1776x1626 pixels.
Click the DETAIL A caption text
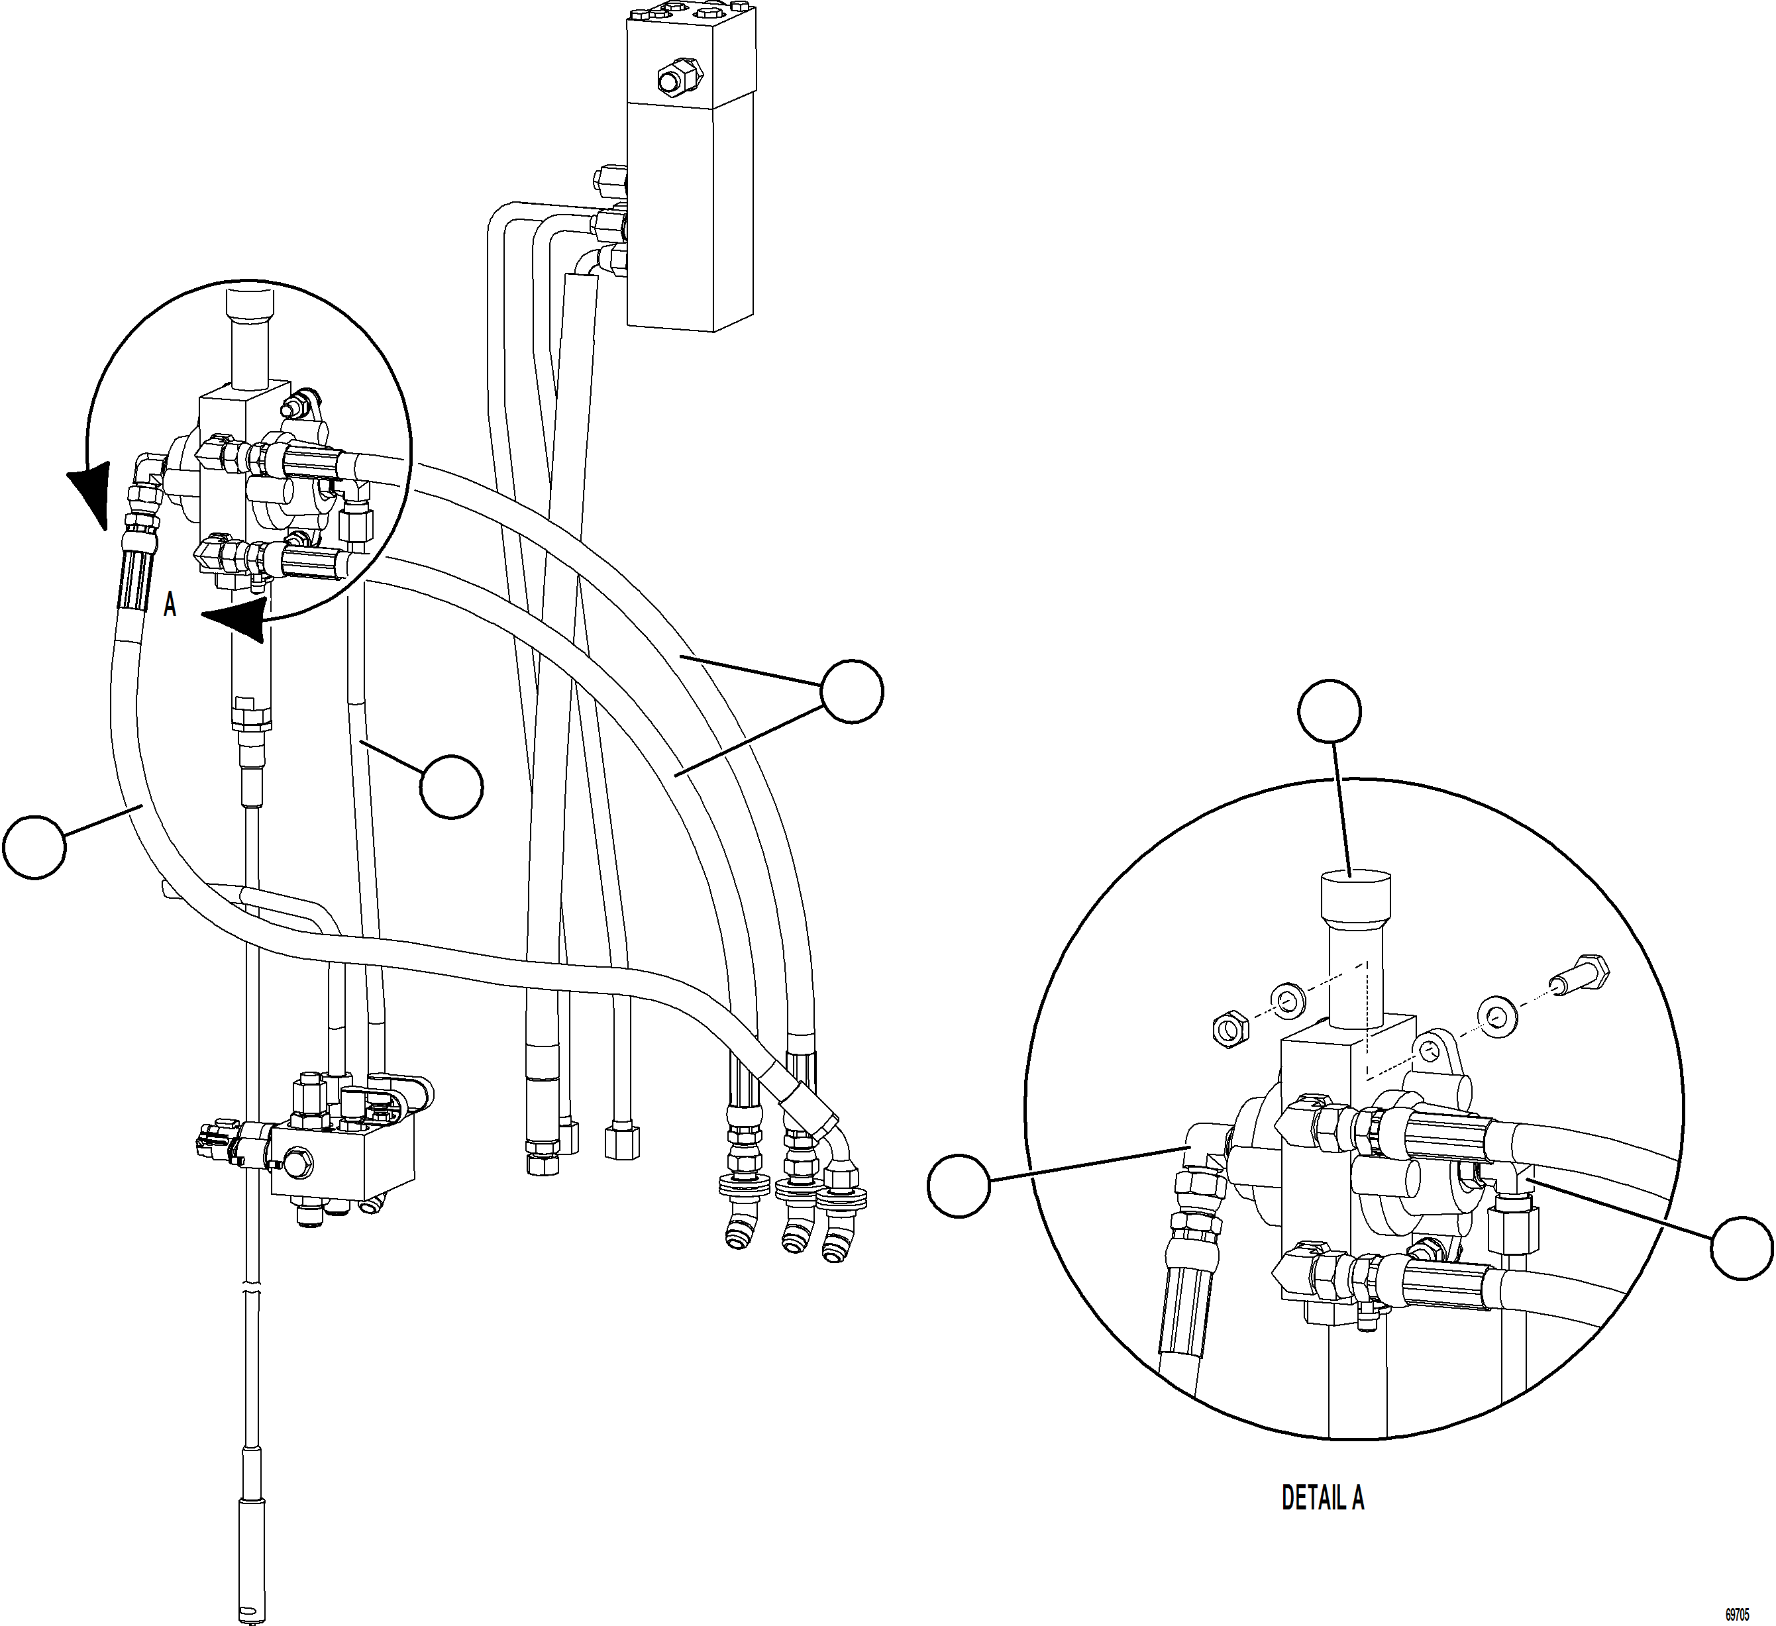click(1322, 1498)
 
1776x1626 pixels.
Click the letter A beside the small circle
click(170, 606)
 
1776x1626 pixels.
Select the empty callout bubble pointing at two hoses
click(851, 691)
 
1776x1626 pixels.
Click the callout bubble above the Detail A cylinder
click(1330, 711)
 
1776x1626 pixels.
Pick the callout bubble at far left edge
click(34, 846)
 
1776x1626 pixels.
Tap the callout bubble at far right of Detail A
click(1742, 1247)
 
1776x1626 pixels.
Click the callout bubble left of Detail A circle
click(959, 1186)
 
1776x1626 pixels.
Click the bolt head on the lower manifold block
click(297, 1161)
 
